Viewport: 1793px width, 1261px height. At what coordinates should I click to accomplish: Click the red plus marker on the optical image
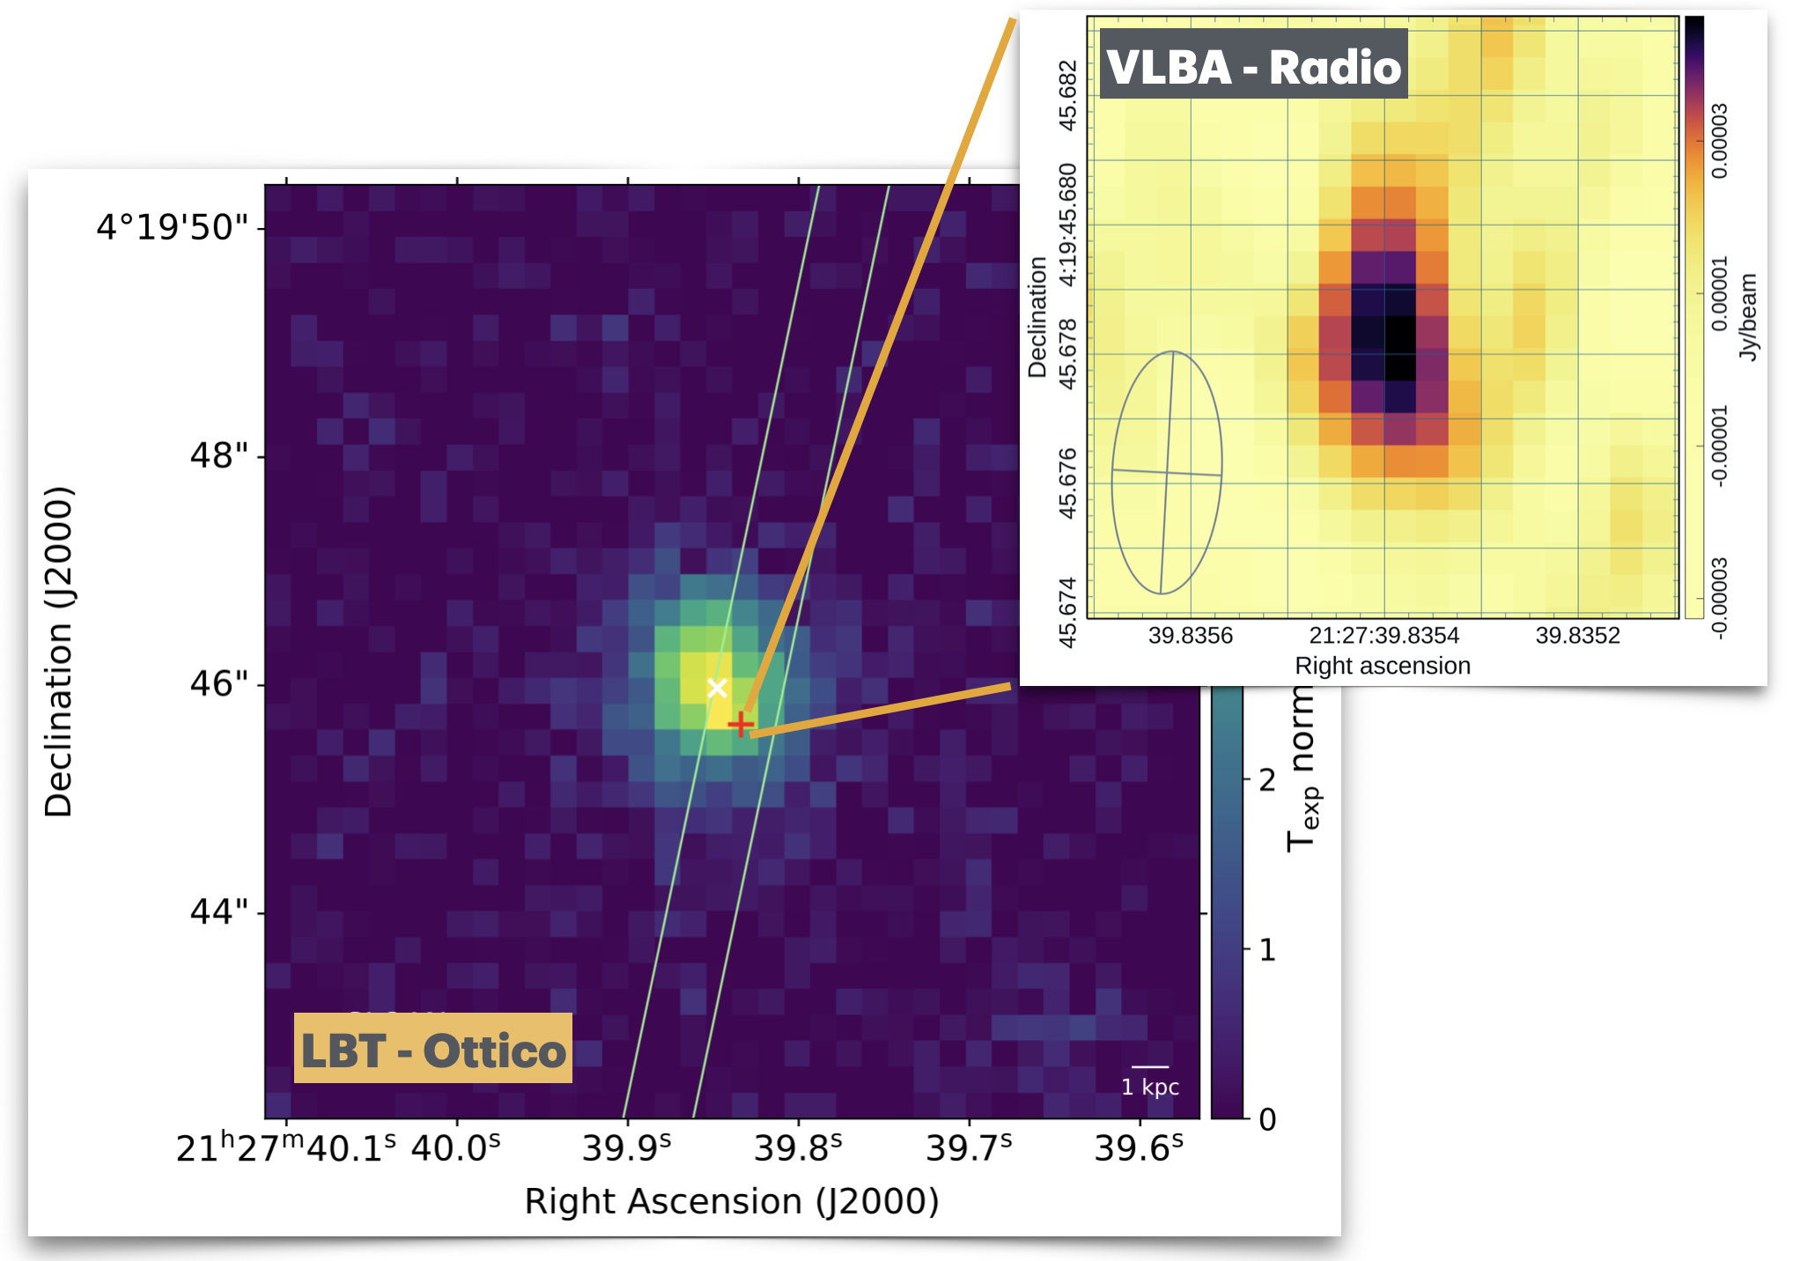click(741, 724)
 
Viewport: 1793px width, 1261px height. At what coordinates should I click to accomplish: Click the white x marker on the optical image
click(717, 688)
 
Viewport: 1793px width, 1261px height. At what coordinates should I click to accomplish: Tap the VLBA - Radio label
click(1253, 66)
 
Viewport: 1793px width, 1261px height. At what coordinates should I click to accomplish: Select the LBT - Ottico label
click(432, 1050)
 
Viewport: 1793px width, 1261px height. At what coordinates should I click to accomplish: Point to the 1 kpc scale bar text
click(1150, 1087)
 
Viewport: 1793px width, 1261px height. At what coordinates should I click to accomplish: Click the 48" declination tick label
click(219, 455)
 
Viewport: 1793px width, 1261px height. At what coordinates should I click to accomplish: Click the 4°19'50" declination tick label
click(173, 227)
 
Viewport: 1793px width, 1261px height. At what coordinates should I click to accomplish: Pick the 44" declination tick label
click(219, 911)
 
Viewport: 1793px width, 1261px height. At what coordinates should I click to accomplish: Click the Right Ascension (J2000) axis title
click(731, 1201)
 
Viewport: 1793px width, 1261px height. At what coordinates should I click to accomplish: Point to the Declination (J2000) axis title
click(59, 652)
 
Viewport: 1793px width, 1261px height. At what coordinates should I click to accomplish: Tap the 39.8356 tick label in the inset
click(1190, 636)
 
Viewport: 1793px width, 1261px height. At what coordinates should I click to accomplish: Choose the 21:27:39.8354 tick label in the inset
click(1383, 636)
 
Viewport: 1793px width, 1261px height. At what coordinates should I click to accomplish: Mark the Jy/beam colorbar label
click(1747, 317)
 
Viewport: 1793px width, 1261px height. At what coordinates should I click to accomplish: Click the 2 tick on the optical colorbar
click(1266, 780)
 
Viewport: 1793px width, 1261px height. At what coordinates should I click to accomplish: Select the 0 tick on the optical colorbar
click(1266, 1119)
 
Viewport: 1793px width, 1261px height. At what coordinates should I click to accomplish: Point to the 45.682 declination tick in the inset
click(1067, 95)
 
